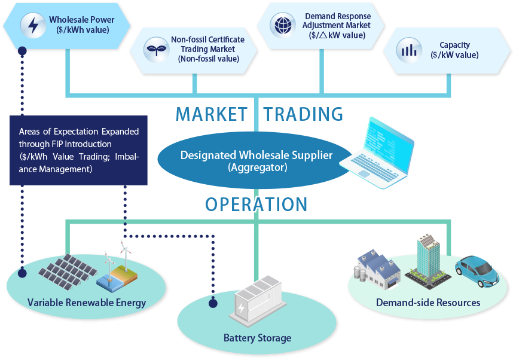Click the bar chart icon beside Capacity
[409, 50]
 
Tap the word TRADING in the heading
[304, 114]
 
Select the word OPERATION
[256, 205]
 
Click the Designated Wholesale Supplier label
[257, 156]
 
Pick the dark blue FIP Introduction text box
[78, 150]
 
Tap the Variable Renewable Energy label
[87, 303]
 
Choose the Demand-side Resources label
[428, 303]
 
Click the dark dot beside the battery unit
[212, 303]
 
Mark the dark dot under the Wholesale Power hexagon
[22, 51]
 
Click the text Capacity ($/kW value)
[454, 50]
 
